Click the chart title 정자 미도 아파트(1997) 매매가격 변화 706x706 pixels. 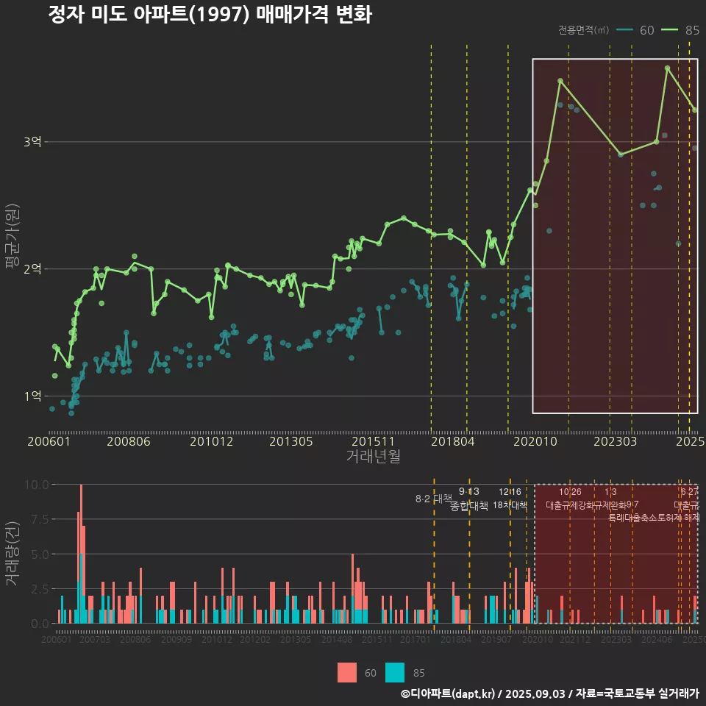pyautogui.click(x=210, y=15)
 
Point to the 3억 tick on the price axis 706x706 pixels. pyautogui.click(x=33, y=142)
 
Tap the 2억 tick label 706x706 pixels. pyautogui.click(x=33, y=269)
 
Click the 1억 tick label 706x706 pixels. pyautogui.click(x=33, y=396)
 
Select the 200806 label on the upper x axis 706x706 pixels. pyautogui.click(x=129, y=441)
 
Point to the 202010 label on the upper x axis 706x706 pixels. pyautogui.click(x=534, y=441)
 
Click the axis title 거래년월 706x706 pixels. pyautogui.click(x=373, y=457)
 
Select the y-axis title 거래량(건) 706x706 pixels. pyautogui.click(x=13, y=554)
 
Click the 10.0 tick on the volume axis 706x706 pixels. pyautogui.click(x=37, y=485)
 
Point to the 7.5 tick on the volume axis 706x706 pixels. pyautogui.click(x=38, y=519)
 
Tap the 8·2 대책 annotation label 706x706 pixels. pyautogui.click(x=434, y=499)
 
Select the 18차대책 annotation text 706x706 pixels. pyautogui.click(x=510, y=505)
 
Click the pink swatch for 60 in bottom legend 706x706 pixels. pyautogui.click(x=347, y=672)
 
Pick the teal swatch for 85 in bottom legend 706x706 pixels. pyautogui.click(x=396, y=672)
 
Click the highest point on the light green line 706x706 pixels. pyautogui.click(x=667, y=68)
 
